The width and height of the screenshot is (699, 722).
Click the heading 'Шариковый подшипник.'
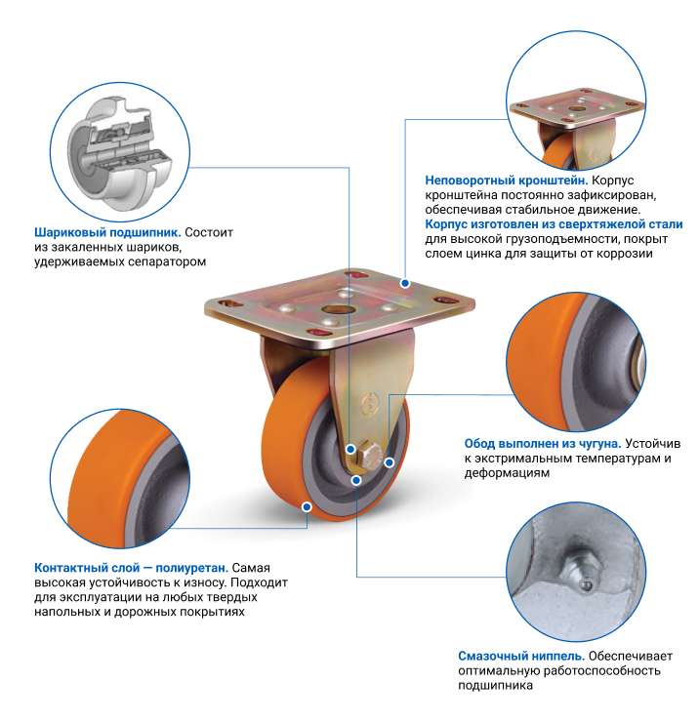pyautogui.click(x=107, y=232)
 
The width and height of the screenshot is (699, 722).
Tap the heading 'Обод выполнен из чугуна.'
pyautogui.click(x=543, y=443)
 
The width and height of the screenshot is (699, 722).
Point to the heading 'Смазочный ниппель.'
pyautogui.click(x=521, y=656)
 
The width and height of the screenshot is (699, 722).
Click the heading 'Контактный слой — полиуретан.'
pyautogui.click(x=132, y=568)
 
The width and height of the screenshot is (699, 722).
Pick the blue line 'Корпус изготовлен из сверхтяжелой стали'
pyautogui.click(x=554, y=224)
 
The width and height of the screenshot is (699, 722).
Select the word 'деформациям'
pyautogui.click(x=507, y=473)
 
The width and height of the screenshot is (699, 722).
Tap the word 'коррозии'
pyautogui.click(x=625, y=254)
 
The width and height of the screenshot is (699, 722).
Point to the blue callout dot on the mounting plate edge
pyautogui.click(x=405, y=283)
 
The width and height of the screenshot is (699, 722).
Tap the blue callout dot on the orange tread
pyautogui.click(x=307, y=507)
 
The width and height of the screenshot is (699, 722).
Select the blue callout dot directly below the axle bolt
pyautogui.click(x=355, y=480)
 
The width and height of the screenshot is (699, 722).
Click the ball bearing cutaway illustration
pyautogui.click(x=120, y=151)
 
